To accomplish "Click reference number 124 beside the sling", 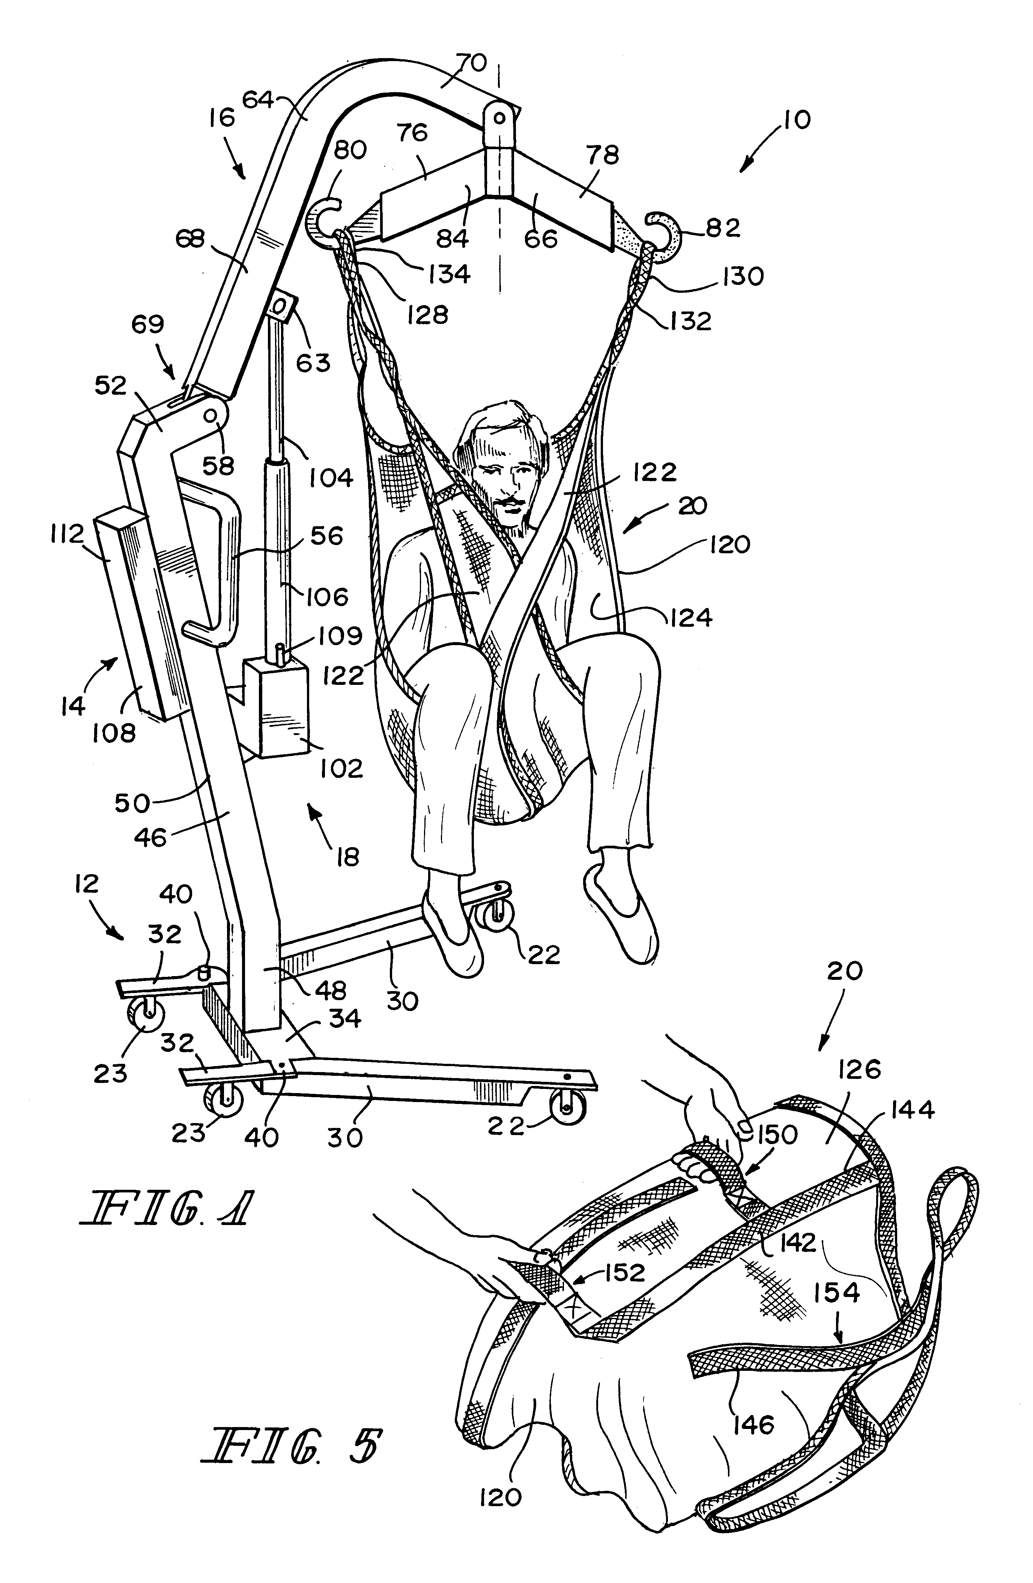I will pos(691,617).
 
